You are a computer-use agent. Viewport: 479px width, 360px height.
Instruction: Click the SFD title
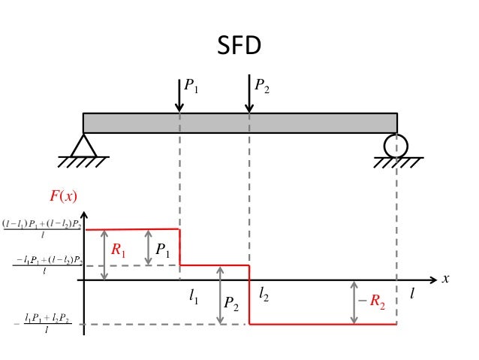[x=239, y=47]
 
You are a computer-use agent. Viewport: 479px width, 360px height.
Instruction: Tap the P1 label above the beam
[x=191, y=86]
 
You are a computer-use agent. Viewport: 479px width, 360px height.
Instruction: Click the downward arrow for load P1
[x=179, y=95]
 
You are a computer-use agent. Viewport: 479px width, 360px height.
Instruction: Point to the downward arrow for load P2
[x=249, y=95]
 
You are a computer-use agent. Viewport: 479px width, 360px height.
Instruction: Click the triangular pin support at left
[x=83, y=145]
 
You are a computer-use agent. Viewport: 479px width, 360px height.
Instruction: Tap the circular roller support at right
[x=395, y=144]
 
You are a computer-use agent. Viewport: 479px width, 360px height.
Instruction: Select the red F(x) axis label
[x=64, y=197]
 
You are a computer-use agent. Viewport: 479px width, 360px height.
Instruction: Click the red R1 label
[x=119, y=251]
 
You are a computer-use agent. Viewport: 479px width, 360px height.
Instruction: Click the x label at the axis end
[x=445, y=279]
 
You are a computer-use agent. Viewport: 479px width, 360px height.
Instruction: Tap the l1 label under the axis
[x=193, y=298]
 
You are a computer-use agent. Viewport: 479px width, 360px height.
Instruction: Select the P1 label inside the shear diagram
[x=162, y=248]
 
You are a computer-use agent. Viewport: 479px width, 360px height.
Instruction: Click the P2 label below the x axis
[x=232, y=304]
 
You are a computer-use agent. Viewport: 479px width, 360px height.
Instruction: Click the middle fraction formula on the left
[x=48, y=265]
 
